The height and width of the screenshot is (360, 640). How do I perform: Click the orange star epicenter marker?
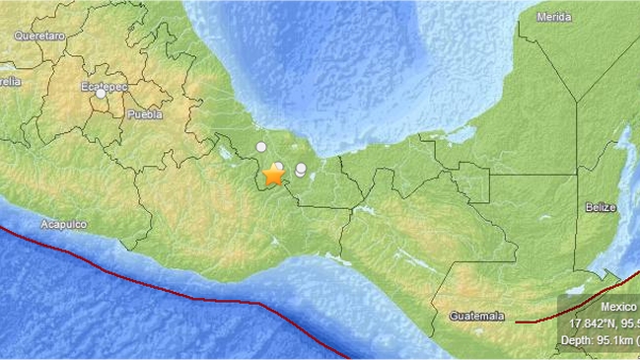tap(274, 177)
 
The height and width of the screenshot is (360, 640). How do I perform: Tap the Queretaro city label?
tap(39, 36)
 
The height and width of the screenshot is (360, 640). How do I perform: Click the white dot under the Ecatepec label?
tap(102, 95)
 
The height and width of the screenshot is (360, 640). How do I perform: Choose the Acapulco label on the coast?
tap(63, 225)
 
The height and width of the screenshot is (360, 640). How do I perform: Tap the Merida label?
tap(555, 18)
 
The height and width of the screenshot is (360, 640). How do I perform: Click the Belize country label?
tap(600, 207)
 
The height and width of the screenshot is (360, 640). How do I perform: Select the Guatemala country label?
tap(476, 316)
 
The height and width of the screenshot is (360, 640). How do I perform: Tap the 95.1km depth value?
tap(612, 339)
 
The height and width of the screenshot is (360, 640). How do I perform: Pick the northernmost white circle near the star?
tap(260, 147)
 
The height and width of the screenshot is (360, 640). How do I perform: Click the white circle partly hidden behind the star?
tap(279, 167)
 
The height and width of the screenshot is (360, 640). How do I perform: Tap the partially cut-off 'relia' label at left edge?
tap(10, 82)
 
